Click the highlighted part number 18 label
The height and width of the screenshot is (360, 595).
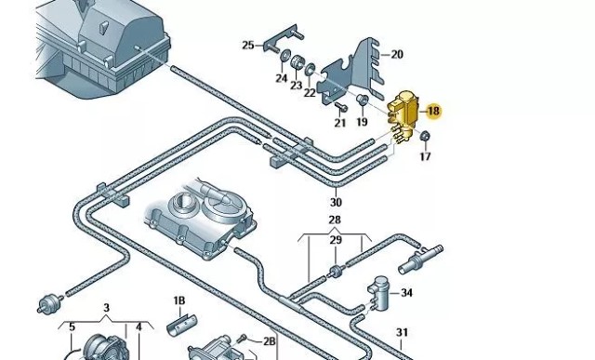pos(433,111)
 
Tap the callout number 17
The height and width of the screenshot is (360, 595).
pos(426,155)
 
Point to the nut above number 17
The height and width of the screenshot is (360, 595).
pos(425,136)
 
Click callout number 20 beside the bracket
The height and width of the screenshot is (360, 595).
pos(397,54)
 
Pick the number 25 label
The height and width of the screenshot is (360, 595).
pos(248,46)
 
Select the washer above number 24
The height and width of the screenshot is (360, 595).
pos(284,56)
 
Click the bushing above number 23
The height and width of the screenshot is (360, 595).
pos(297,62)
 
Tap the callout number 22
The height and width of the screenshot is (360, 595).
pos(310,92)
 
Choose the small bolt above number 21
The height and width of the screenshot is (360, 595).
pos(341,107)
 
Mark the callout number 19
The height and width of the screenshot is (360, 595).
pos(362,122)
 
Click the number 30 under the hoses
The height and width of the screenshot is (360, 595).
pos(336,202)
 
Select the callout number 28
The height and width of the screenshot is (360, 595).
pos(335,220)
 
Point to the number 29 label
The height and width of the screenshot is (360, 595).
pos(336,240)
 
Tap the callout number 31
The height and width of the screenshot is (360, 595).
pos(402,332)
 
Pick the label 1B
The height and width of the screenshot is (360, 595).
pos(179,300)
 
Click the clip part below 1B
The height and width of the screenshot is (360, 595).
pos(181,325)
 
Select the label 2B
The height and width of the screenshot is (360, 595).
pos(269,341)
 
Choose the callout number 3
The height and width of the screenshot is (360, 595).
pos(106,308)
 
